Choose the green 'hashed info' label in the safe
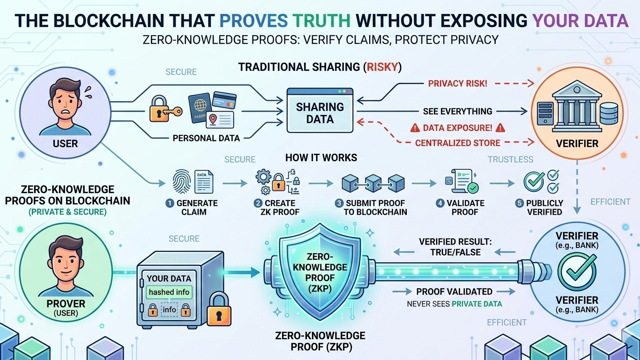[x=169, y=292]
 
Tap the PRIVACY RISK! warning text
[x=458, y=83]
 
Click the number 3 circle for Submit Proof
[x=339, y=203]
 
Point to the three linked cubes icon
[x=373, y=182]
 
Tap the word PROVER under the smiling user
[x=66, y=304]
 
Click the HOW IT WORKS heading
[x=321, y=157]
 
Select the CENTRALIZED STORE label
[x=458, y=142]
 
